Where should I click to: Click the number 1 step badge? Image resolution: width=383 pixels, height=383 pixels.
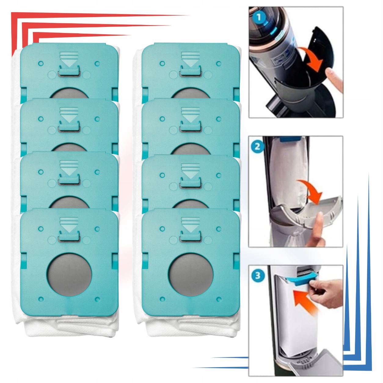[259, 17]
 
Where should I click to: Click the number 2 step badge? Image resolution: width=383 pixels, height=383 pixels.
[257, 147]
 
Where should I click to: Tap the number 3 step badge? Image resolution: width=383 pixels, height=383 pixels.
[258, 276]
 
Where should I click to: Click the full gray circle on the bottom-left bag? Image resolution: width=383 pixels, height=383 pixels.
[69, 274]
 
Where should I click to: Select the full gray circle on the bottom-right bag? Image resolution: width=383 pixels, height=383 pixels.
[191, 274]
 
